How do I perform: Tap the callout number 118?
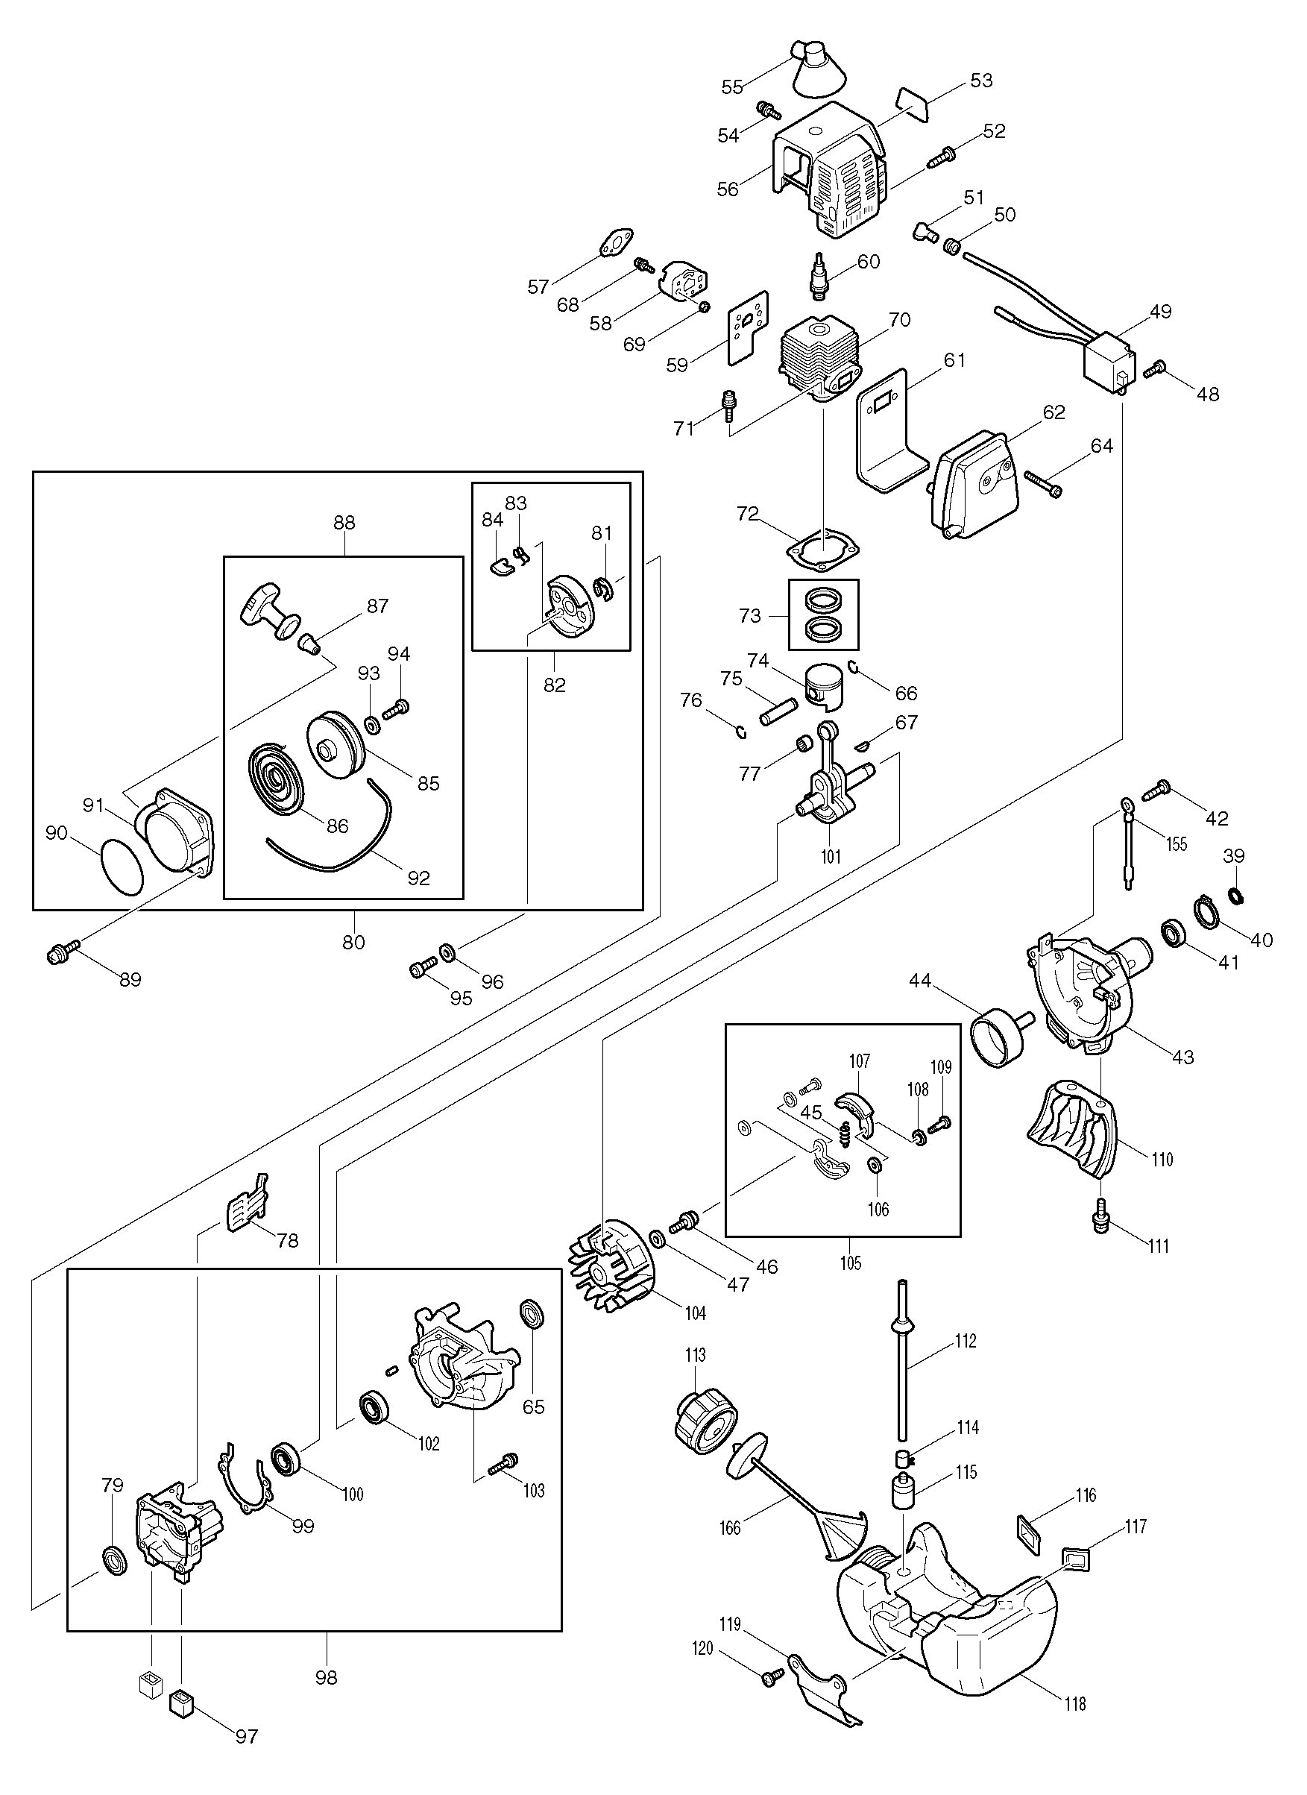point(1074,1703)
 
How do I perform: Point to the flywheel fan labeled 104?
point(611,1280)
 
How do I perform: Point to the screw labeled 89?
point(63,954)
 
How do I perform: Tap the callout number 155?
point(1177,843)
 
